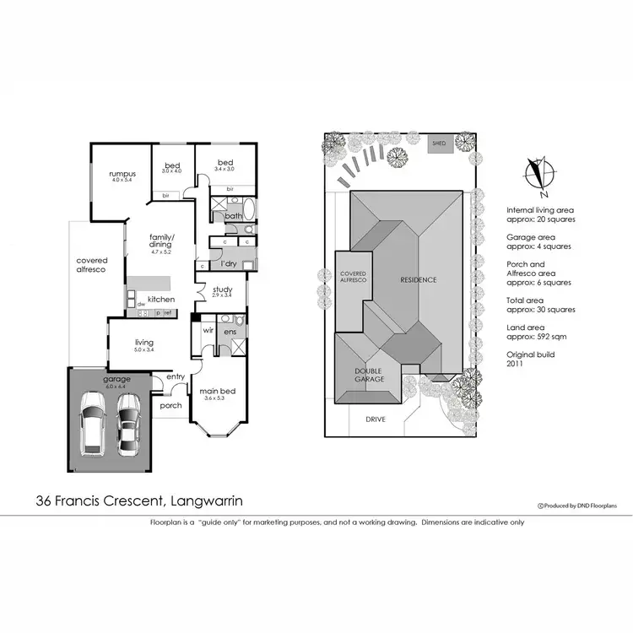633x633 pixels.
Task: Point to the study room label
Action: coord(222,290)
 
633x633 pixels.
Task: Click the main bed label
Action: coord(216,392)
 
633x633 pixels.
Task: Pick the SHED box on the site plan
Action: coord(438,144)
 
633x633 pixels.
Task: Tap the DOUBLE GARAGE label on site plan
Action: coord(368,375)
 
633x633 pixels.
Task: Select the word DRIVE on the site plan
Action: coord(375,419)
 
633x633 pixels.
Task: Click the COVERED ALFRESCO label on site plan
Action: coord(353,278)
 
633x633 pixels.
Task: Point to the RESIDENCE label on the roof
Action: coord(418,279)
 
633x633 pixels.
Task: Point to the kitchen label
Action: coord(161,300)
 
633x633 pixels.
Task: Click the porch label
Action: coord(170,405)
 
